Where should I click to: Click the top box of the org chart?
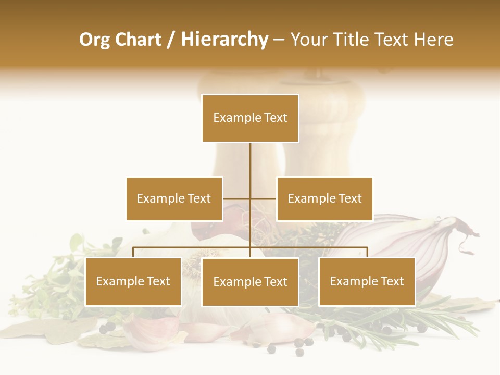pyautogui.click(x=250, y=118)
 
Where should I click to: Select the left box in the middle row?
pyautogui.click(x=174, y=198)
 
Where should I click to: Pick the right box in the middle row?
pyautogui.click(x=324, y=198)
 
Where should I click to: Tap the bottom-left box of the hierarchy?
pyautogui.click(x=133, y=281)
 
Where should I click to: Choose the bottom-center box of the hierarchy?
pyautogui.click(x=250, y=282)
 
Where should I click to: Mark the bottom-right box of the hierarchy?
pyautogui.click(x=367, y=281)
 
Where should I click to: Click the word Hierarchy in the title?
pyautogui.click(x=224, y=40)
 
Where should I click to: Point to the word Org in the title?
pyautogui.click(x=94, y=40)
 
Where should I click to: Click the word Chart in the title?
pyautogui.click(x=138, y=40)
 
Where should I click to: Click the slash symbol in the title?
pyautogui.click(x=171, y=40)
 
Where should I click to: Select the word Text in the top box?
pyautogui.click(x=276, y=118)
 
